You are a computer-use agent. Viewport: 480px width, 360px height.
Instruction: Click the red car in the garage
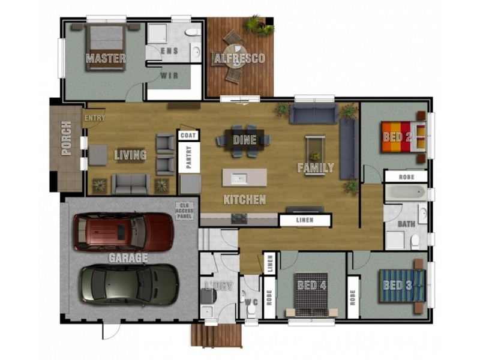point(124,232)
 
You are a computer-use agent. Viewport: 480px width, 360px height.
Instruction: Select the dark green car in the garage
point(130,284)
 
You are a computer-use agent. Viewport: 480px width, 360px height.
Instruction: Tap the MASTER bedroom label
point(106,58)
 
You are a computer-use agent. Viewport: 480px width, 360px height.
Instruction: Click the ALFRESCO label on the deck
point(239,58)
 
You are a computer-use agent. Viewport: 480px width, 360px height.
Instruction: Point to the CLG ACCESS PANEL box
point(185,211)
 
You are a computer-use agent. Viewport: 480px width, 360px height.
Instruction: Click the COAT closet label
point(188,136)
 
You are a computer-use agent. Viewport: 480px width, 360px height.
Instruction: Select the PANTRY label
point(188,157)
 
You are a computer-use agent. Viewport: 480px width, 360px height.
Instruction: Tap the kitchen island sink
point(239,177)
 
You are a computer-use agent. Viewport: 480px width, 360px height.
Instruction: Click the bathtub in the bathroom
point(406,193)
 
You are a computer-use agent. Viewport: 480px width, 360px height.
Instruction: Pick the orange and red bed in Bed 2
point(403,137)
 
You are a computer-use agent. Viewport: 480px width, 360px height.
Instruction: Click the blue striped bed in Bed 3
point(402,286)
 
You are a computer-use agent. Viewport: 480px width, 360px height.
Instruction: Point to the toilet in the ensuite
point(193,32)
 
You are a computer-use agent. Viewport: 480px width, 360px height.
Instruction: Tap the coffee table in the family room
point(316,155)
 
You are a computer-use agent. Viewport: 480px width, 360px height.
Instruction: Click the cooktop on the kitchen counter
point(239,218)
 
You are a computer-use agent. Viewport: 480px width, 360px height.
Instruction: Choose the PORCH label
point(67,138)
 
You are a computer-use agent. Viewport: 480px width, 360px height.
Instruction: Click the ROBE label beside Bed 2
point(407,177)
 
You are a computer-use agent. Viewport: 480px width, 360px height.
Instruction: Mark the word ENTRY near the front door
point(95,118)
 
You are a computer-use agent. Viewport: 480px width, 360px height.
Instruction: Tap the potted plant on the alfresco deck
point(259,25)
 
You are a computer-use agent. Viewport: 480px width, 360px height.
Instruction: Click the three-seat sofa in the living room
point(131,184)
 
